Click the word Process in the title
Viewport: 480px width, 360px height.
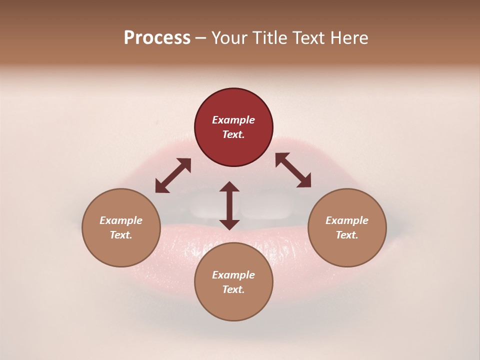point(157,38)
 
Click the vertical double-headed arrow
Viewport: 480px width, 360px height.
point(229,205)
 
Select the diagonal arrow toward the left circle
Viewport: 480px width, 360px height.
point(173,175)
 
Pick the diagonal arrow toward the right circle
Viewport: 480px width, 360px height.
point(293,170)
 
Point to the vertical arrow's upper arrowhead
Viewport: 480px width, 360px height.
point(229,187)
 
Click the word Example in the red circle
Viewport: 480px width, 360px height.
point(233,120)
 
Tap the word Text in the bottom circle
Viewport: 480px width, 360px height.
point(233,289)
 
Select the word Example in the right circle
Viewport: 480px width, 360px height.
point(347,220)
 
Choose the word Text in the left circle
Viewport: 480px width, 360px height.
point(121,235)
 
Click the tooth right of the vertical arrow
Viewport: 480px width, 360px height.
point(265,210)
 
